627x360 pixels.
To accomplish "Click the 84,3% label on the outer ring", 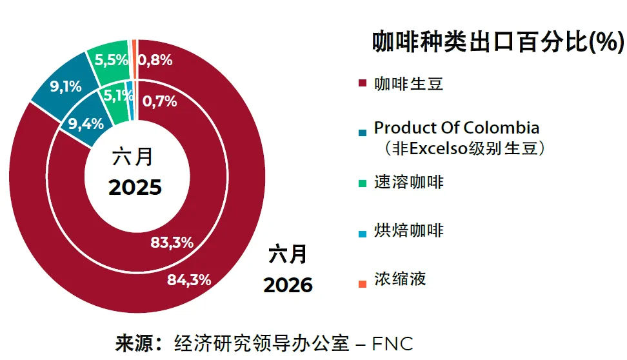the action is tap(189, 279).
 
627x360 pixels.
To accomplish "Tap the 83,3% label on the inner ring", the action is tap(172, 243).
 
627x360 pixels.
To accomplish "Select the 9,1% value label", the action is tap(66, 86).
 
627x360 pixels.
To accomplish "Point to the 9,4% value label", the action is tap(86, 124).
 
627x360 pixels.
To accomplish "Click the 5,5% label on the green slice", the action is tap(111, 60).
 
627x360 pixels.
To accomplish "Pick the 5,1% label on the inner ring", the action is tap(118, 95).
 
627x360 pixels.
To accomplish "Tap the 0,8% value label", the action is tap(155, 61).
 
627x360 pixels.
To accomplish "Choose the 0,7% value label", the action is tap(159, 101).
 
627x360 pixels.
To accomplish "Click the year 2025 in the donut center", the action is tap(135, 187).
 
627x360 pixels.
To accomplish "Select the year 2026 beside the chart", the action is tap(288, 285).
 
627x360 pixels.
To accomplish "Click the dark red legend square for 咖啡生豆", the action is tap(363, 83).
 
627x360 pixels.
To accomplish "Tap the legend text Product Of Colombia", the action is tap(457, 128).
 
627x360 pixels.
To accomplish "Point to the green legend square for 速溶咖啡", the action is tap(363, 184).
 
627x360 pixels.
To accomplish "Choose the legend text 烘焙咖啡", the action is tap(409, 231).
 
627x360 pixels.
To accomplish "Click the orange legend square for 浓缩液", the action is tap(363, 284).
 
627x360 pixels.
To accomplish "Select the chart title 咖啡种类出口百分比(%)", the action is tap(498, 41).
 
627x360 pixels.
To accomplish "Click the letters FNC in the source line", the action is tap(392, 344).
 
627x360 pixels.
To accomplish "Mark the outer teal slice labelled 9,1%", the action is tap(64, 86).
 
